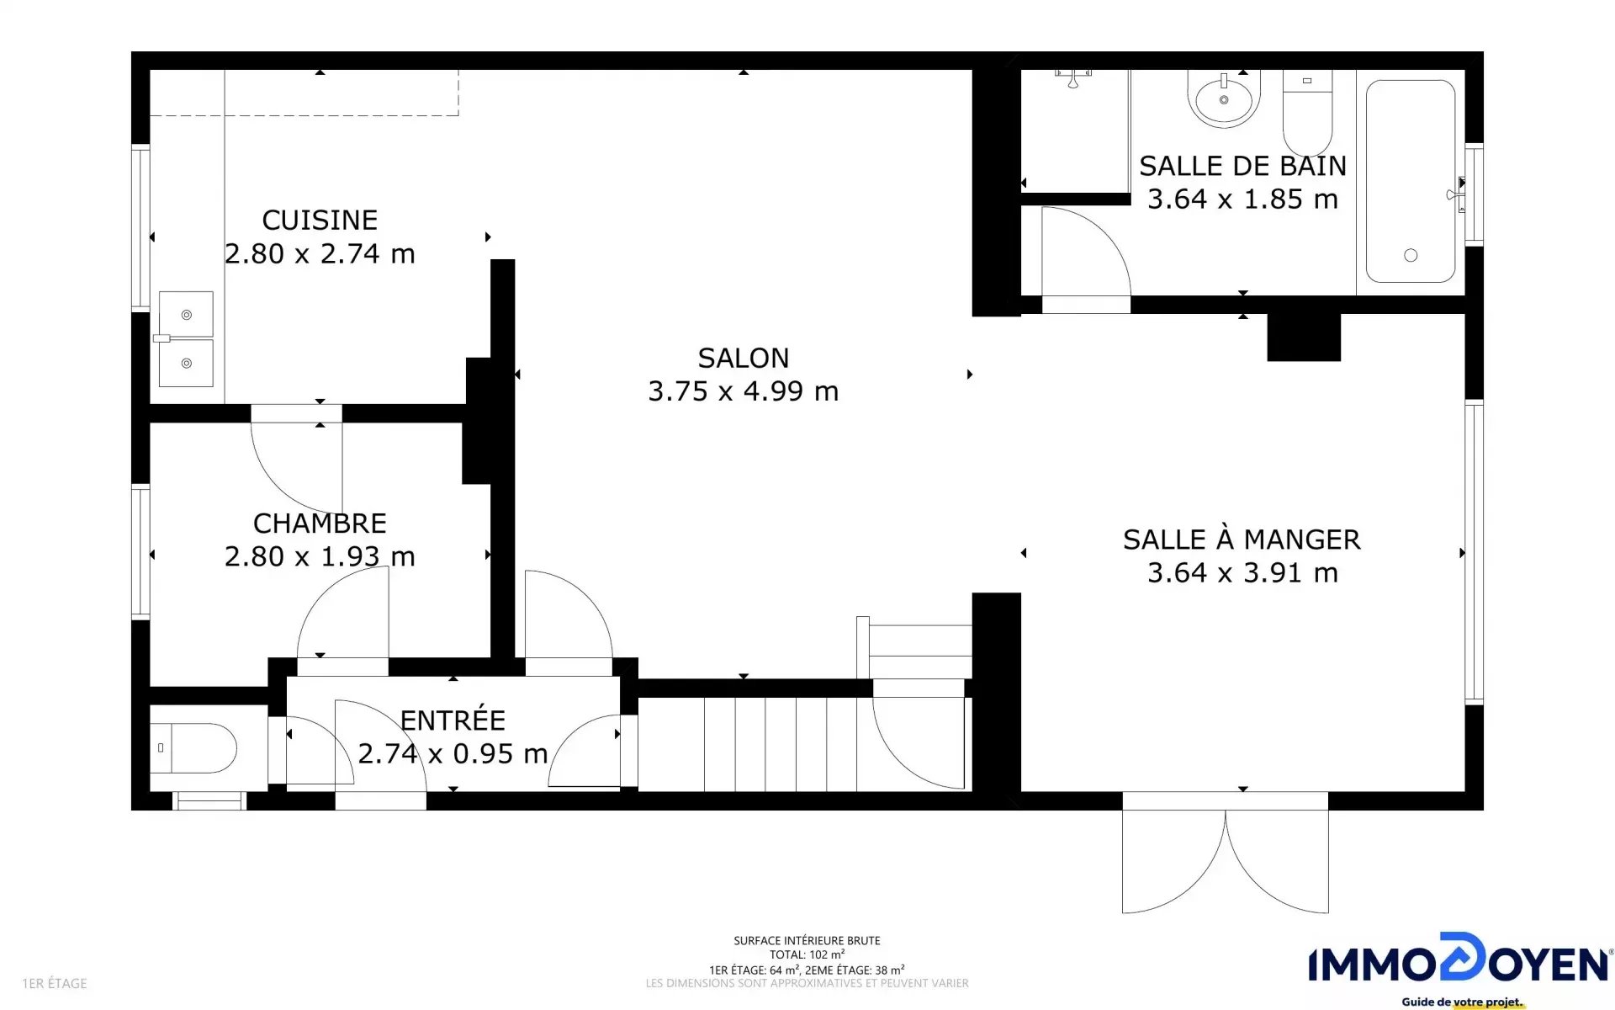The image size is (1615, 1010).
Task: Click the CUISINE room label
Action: coord(320,221)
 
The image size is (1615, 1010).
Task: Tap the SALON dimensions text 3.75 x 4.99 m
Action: coord(744,391)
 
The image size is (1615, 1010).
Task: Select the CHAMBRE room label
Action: coord(320,524)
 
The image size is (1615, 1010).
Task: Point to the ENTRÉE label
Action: coord(453,720)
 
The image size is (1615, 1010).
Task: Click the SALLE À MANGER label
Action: coord(1242,540)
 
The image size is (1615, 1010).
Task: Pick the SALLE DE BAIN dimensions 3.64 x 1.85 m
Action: coord(1242,199)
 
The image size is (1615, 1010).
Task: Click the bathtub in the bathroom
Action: coord(1411,181)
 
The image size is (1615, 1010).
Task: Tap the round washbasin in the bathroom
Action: coord(1224,98)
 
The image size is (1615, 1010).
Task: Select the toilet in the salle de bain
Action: coord(1307,113)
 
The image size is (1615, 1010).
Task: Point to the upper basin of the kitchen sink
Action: coord(186,314)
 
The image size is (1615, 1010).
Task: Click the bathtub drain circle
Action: coord(1411,255)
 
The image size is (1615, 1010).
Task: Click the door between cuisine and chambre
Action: coord(296,460)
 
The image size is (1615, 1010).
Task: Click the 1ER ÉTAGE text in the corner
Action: coord(55,983)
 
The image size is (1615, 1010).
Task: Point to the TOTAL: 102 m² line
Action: coord(807,954)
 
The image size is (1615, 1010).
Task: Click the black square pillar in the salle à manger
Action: coord(1304,337)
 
